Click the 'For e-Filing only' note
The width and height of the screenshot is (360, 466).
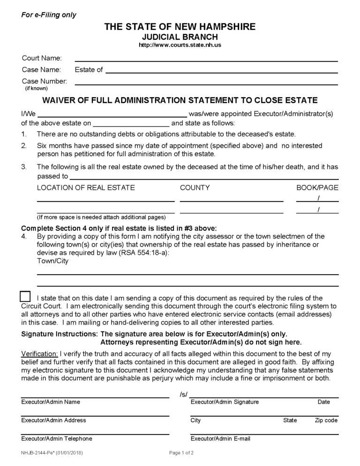pyautogui.click(x=49, y=15)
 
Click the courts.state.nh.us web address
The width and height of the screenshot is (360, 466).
pyautogui.click(x=180, y=45)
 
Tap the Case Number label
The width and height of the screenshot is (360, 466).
pyautogui.click(x=45, y=81)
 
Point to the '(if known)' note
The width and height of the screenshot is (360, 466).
pyautogui.click(x=36, y=88)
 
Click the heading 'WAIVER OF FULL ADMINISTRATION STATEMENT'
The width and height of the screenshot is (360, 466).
pyautogui.click(x=180, y=100)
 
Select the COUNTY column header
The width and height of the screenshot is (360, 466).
pyautogui.click(x=195, y=188)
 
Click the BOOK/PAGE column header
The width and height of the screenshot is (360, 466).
pyautogui.click(x=317, y=188)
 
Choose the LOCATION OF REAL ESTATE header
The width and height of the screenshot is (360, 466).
pyautogui.click(x=86, y=188)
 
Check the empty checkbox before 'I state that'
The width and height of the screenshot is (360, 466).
pyautogui.click(x=25, y=297)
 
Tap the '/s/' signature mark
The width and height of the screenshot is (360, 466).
pyautogui.click(x=183, y=395)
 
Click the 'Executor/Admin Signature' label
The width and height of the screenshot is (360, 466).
pyautogui.click(x=225, y=402)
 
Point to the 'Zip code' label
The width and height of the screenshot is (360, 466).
pyautogui.click(x=326, y=421)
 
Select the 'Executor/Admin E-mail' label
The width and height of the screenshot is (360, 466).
pyautogui.click(x=220, y=439)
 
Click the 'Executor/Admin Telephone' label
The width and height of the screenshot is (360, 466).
pyautogui.click(x=57, y=439)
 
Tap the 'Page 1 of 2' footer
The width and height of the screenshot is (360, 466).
pyautogui.click(x=181, y=453)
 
